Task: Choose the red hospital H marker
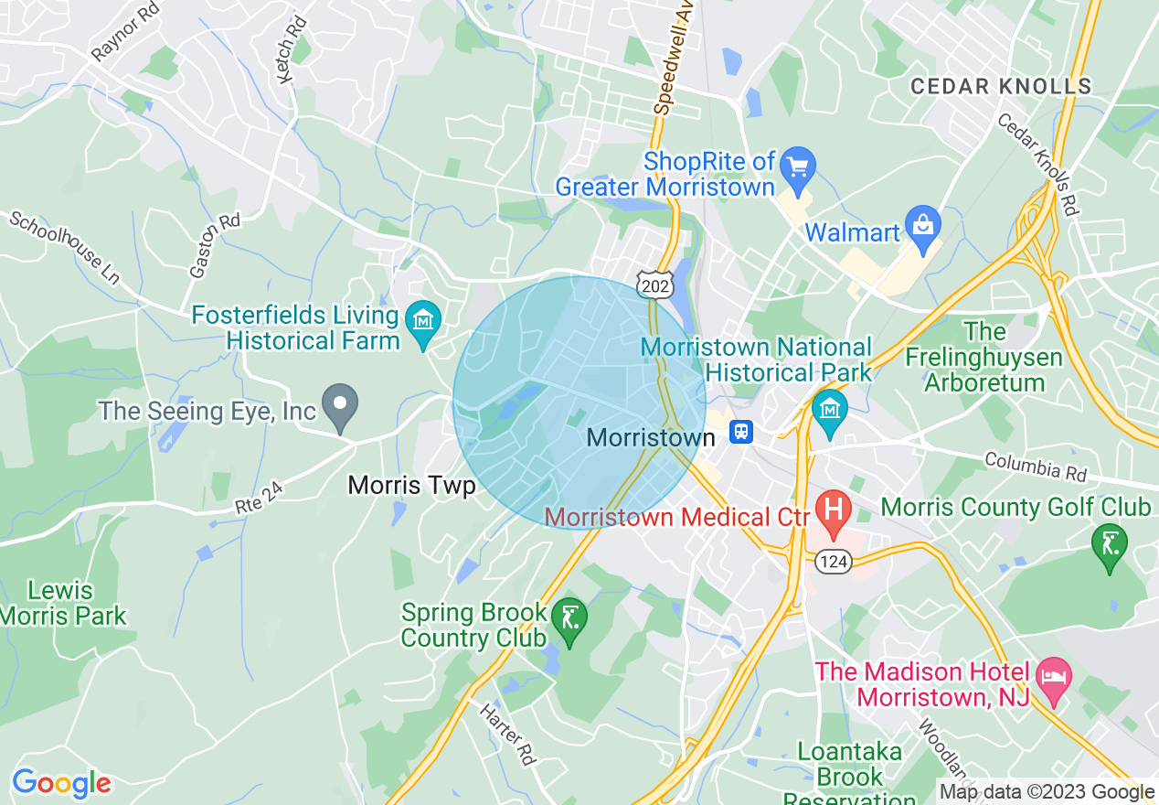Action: (833, 510)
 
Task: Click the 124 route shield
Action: (833, 561)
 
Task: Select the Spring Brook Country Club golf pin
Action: (569, 618)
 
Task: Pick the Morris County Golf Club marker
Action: (1109, 543)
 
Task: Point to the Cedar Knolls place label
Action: (1001, 87)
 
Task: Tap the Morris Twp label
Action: (411, 486)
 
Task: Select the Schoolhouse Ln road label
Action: (64, 247)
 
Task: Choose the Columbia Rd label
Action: (1035, 466)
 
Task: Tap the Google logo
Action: (61, 783)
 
